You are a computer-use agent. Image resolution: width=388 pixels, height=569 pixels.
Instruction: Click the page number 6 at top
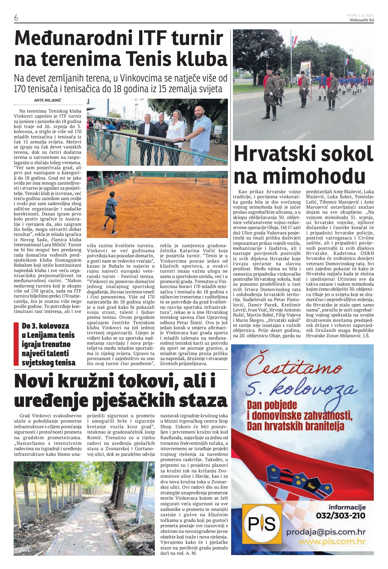[16, 18]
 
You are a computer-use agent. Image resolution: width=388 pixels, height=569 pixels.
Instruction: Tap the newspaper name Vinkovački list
[362, 20]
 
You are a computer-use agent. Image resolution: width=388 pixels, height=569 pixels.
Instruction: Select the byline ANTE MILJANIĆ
[48, 100]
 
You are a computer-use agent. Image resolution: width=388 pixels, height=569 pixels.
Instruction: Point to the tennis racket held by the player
[119, 199]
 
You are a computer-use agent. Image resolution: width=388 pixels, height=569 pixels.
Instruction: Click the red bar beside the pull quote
[16, 344]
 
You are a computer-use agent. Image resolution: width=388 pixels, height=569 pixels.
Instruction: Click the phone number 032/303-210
[341, 515]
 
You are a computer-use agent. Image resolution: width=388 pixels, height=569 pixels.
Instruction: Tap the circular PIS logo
[262, 524]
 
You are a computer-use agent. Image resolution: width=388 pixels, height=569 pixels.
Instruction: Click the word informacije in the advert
[347, 507]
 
